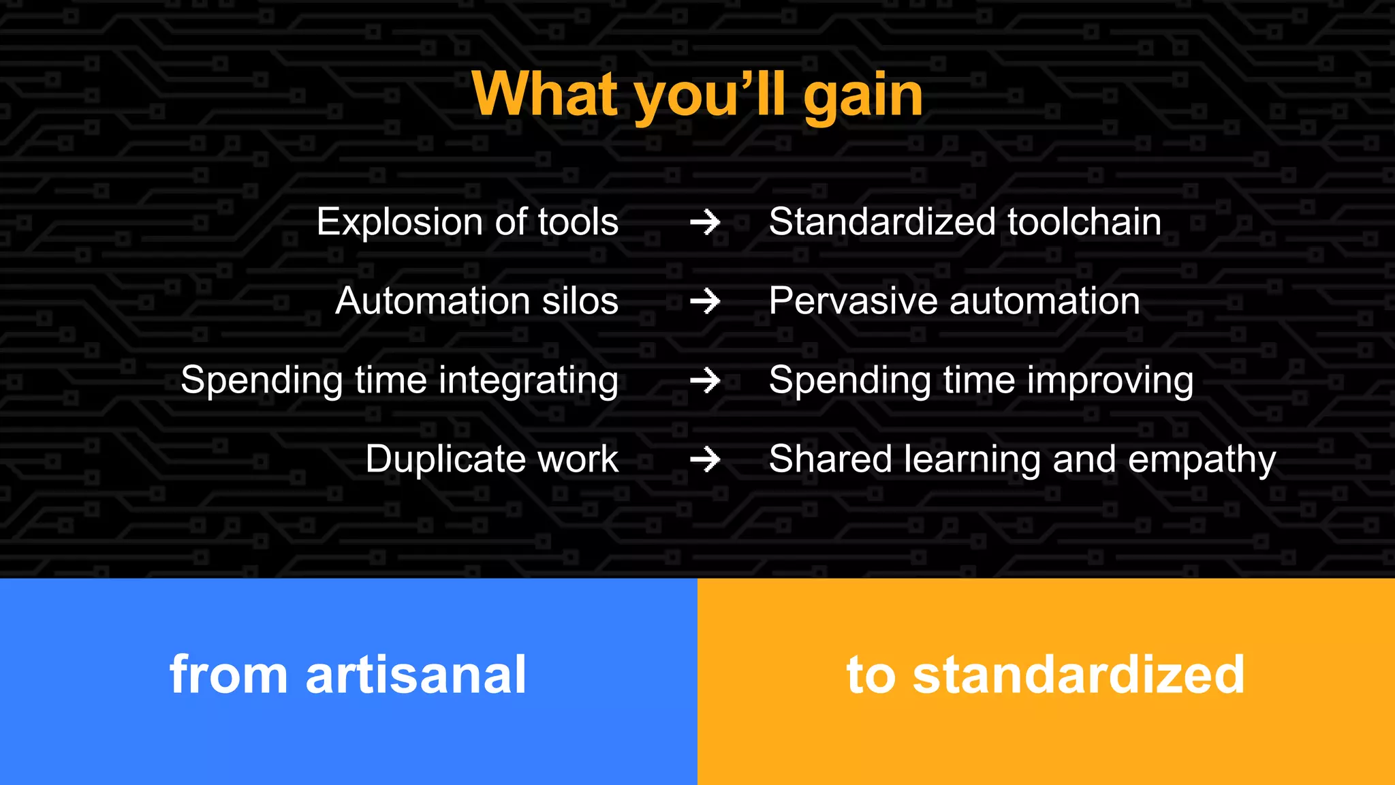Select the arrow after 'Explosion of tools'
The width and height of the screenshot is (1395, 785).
tap(705, 222)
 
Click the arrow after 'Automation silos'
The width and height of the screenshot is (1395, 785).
tap(705, 301)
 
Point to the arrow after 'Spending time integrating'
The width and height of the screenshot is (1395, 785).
tap(705, 380)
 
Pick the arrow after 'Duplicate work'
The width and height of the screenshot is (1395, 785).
tap(705, 459)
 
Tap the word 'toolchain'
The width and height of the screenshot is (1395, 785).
tap(1084, 222)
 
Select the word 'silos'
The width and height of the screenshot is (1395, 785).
tap(580, 301)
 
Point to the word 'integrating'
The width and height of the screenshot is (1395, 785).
tap(528, 380)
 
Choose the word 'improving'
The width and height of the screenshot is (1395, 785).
tap(1110, 380)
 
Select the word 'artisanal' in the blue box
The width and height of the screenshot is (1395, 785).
tap(416, 675)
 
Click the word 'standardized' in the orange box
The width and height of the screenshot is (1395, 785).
tap(1078, 675)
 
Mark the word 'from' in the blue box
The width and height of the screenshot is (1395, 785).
tap(228, 675)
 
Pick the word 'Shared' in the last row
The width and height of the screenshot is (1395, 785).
tap(830, 459)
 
